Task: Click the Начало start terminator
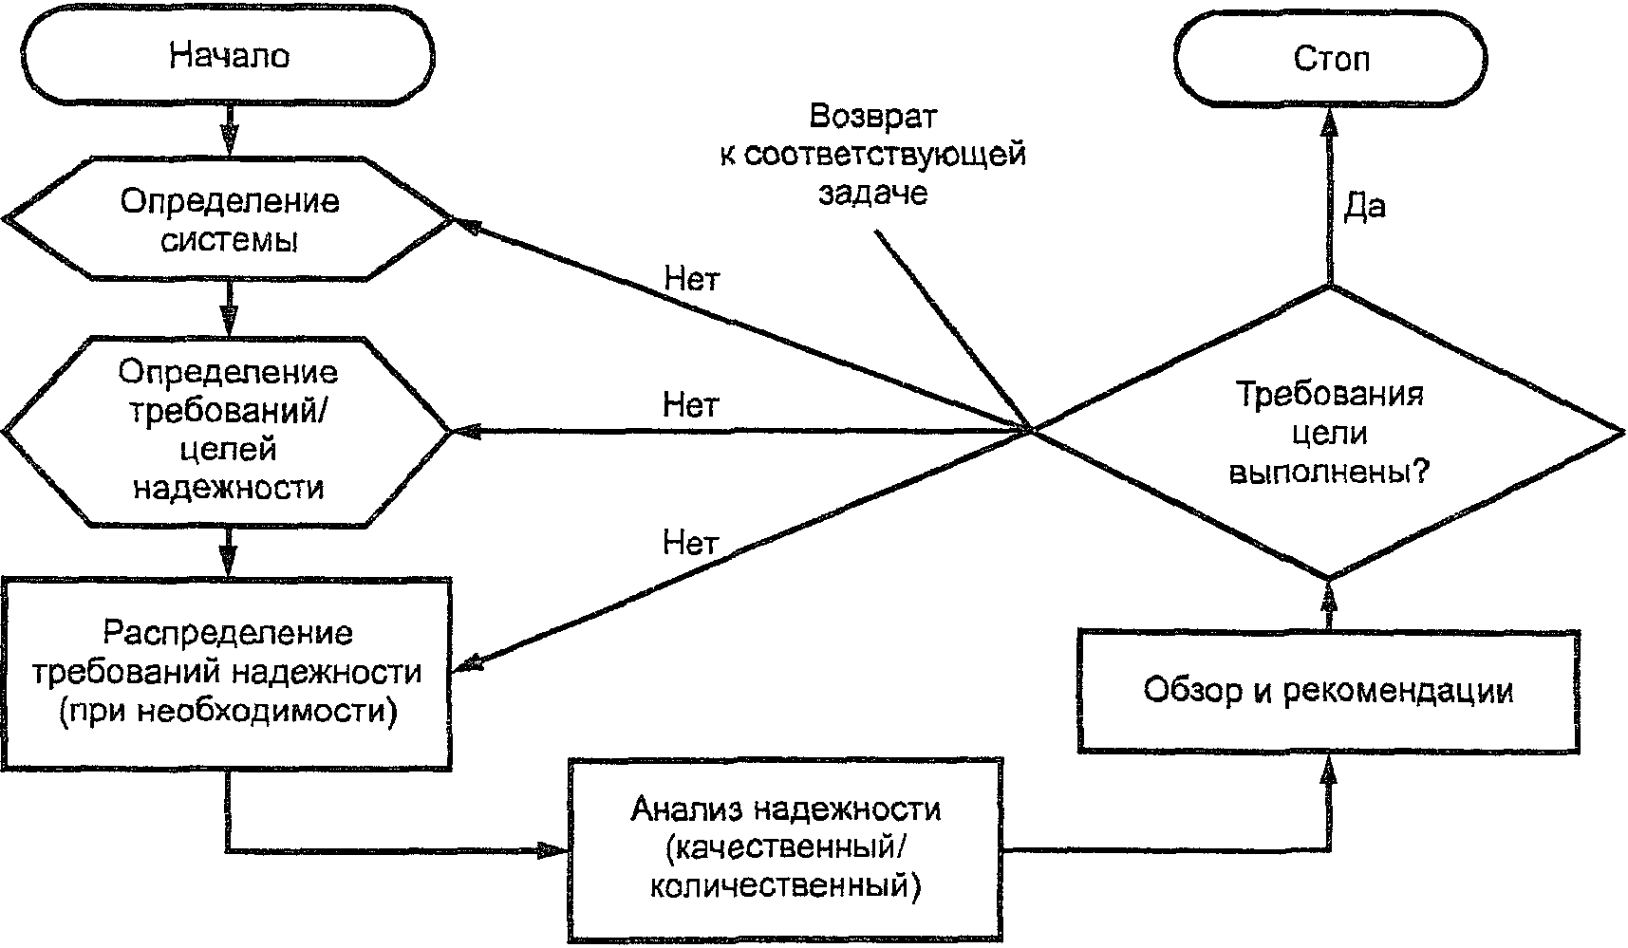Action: click(229, 56)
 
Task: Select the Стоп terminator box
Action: click(1330, 60)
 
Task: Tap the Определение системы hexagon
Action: click(229, 220)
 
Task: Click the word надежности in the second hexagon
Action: click(228, 488)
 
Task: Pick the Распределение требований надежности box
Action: click(228, 672)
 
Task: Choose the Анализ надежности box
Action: click(785, 848)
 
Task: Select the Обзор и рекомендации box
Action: click(1328, 690)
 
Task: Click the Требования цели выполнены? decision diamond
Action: click(1329, 433)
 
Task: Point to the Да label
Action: click(1364, 207)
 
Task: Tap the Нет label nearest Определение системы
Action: click(692, 279)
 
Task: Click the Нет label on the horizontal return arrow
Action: click(690, 406)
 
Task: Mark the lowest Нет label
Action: click(690, 544)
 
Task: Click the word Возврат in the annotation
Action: click(872, 117)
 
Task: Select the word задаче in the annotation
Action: click(872, 194)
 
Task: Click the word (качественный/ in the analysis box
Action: click(785, 848)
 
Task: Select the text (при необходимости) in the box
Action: click(228, 711)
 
